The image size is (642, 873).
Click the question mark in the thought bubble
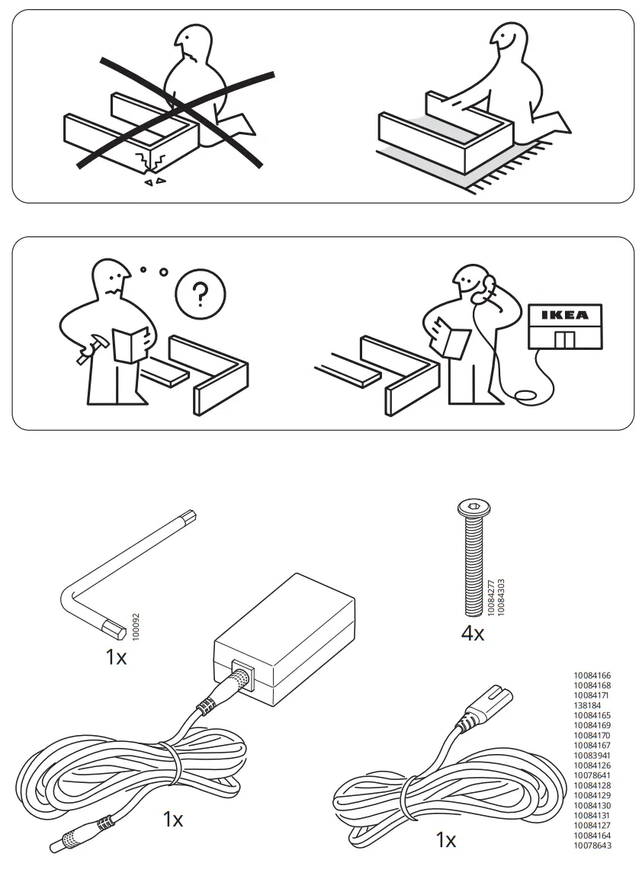pyautogui.click(x=200, y=294)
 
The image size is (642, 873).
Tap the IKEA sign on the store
pyautogui.click(x=565, y=315)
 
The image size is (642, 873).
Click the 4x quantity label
pyautogui.click(x=473, y=633)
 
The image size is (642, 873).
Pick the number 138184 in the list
pyautogui.click(x=587, y=706)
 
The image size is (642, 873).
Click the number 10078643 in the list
pyautogui.click(x=592, y=845)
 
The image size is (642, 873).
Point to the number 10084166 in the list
pyautogui.click(x=592, y=676)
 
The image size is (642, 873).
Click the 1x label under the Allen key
pyautogui.click(x=116, y=656)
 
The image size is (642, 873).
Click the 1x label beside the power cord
pyautogui.click(x=445, y=840)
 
